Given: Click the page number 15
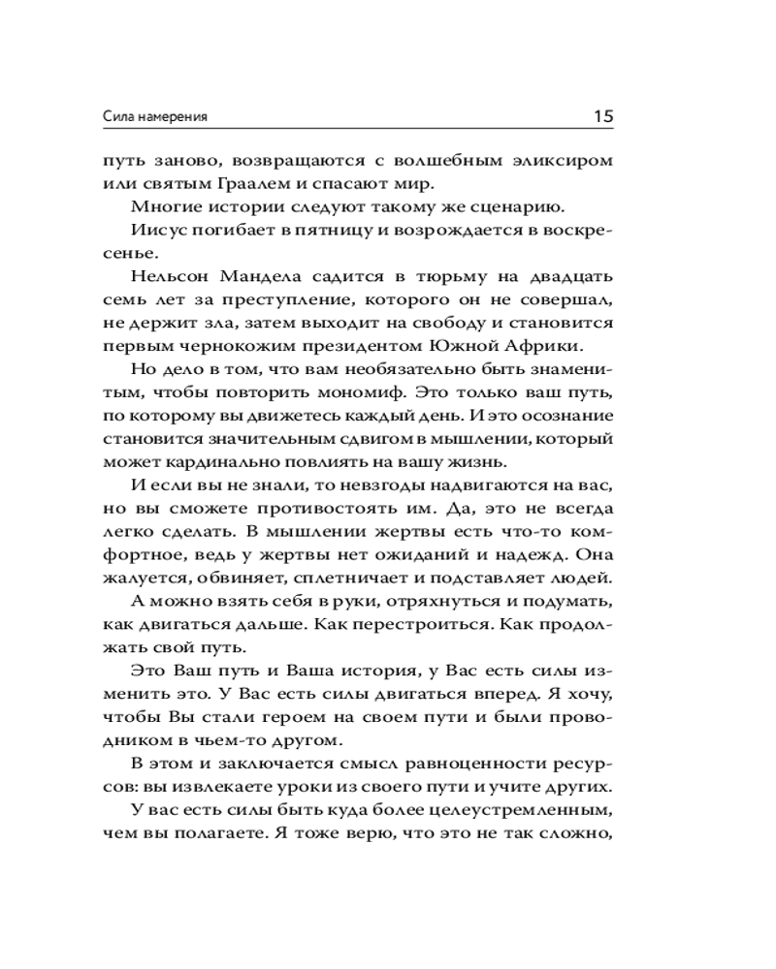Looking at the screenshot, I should [x=601, y=115].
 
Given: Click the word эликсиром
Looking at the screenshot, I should [x=564, y=162].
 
